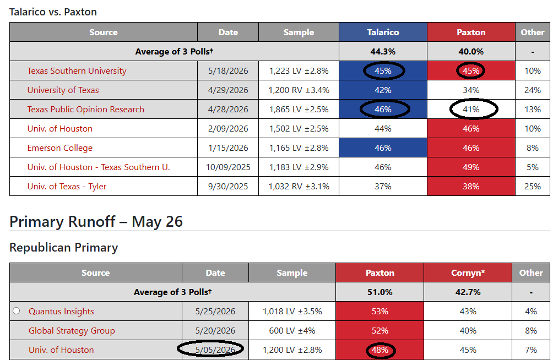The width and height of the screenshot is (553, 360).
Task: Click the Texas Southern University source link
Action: click(77, 71)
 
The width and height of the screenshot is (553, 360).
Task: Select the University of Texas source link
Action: click(63, 90)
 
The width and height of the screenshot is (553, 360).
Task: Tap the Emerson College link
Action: click(59, 148)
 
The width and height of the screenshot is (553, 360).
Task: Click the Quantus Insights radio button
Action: click(16, 310)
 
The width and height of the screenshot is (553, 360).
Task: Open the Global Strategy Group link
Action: click(72, 331)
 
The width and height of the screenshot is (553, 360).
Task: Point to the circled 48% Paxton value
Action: click(380, 350)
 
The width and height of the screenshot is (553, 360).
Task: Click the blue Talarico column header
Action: click(383, 32)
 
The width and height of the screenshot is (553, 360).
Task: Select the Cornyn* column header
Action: click(468, 273)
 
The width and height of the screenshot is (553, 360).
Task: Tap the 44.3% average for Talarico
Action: click(383, 52)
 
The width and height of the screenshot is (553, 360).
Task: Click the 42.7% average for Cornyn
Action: click(468, 292)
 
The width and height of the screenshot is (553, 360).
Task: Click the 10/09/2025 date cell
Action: click(228, 167)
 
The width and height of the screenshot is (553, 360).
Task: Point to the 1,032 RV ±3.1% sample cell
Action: click(299, 187)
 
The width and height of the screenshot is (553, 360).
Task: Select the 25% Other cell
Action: click(533, 187)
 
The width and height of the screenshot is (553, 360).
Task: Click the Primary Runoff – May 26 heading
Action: click(96, 221)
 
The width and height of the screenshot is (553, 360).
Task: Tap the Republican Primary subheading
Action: click(63, 248)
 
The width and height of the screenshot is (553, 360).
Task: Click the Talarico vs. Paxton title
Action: click(53, 12)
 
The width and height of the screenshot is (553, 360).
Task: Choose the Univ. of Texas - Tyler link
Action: click(67, 187)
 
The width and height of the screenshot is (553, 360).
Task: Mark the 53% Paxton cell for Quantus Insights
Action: click(380, 312)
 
